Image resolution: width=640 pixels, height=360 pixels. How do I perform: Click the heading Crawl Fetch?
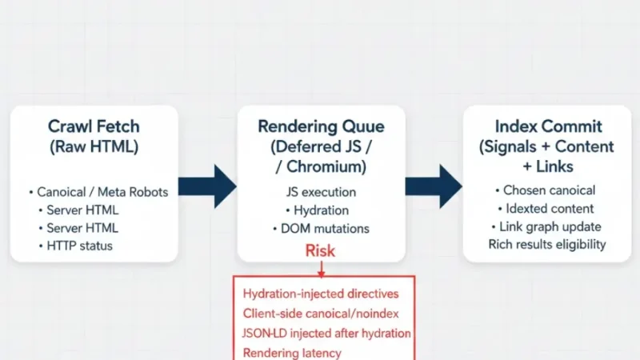pos(94,126)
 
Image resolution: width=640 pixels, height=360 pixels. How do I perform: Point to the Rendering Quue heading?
pos(320,126)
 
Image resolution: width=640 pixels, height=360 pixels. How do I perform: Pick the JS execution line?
pos(321,192)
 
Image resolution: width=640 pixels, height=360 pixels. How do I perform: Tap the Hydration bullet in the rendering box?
pos(320,210)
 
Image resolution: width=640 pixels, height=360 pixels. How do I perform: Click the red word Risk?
pos(320,251)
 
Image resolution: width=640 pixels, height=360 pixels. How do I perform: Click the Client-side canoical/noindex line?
pos(320,314)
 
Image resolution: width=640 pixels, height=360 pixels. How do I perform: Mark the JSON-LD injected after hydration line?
pos(326,333)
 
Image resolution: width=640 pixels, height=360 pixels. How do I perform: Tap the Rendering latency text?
pos(292,352)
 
